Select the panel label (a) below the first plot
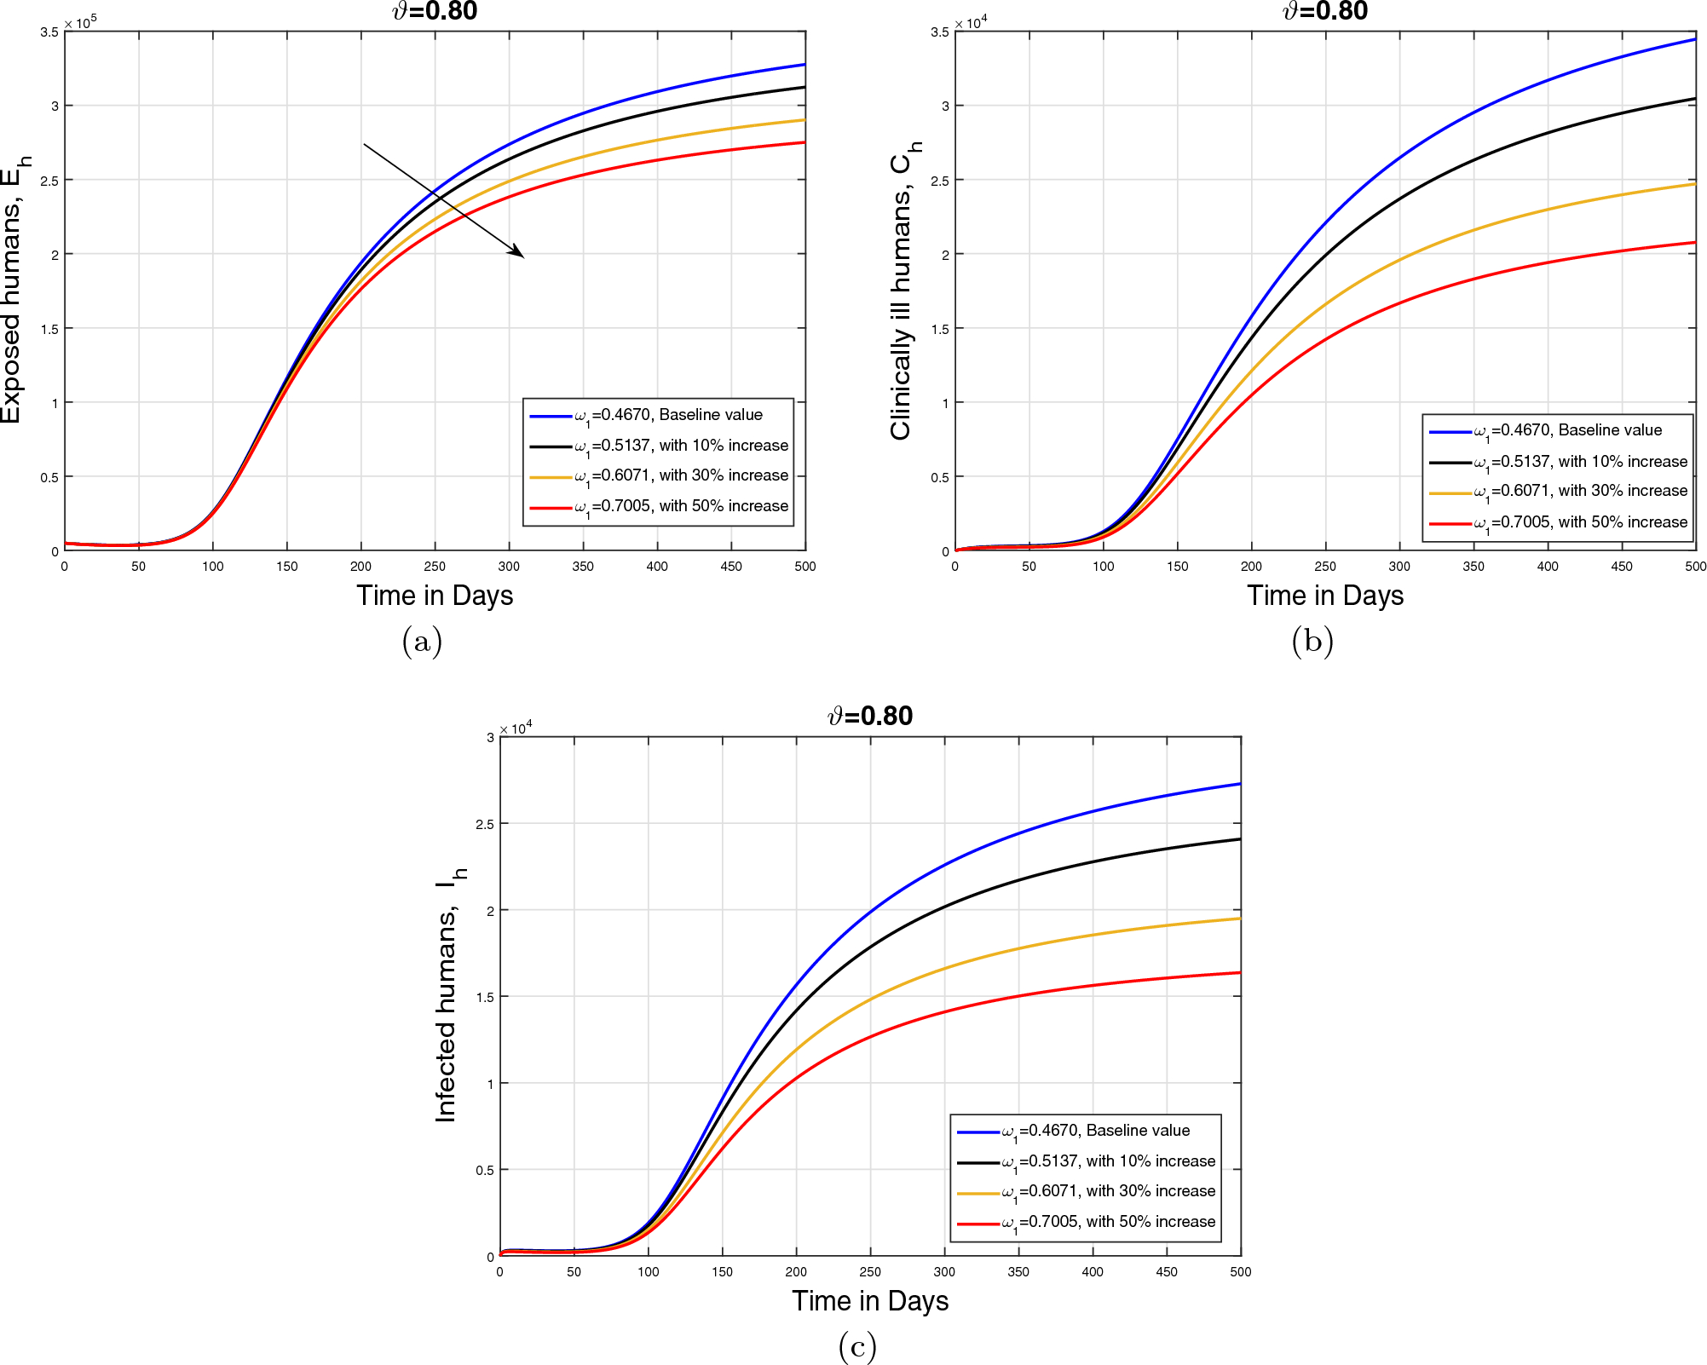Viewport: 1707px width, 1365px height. (x=422, y=641)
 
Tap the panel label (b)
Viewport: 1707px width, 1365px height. (x=1312, y=641)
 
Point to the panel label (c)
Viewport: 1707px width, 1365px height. (x=857, y=1346)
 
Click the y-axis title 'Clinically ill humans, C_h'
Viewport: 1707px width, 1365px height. (x=904, y=290)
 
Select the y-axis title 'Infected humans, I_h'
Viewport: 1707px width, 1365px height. (x=449, y=994)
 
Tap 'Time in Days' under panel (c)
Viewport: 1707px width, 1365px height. (x=869, y=1301)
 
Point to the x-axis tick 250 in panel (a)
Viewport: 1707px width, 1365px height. (x=435, y=567)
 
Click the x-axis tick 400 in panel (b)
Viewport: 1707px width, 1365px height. (x=1547, y=567)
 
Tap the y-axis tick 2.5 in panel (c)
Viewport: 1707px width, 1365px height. (x=484, y=824)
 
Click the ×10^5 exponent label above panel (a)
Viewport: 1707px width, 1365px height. (x=81, y=22)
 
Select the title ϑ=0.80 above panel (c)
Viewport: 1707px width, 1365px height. (x=869, y=716)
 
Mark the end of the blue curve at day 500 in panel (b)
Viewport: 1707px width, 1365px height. (x=1694, y=39)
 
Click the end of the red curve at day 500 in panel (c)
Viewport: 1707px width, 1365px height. (x=1239, y=972)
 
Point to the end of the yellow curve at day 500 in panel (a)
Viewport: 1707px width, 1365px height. (x=804, y=120)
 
